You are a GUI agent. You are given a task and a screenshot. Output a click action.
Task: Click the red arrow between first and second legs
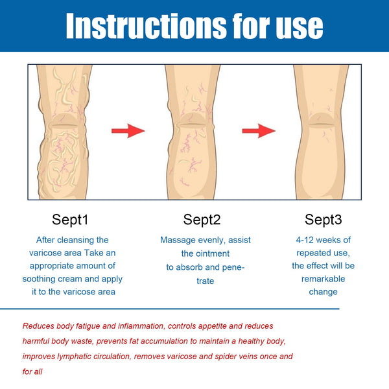[128, 132]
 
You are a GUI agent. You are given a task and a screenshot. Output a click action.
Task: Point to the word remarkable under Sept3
[324, 279]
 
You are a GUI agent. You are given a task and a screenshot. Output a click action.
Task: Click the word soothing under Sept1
[42, 279]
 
